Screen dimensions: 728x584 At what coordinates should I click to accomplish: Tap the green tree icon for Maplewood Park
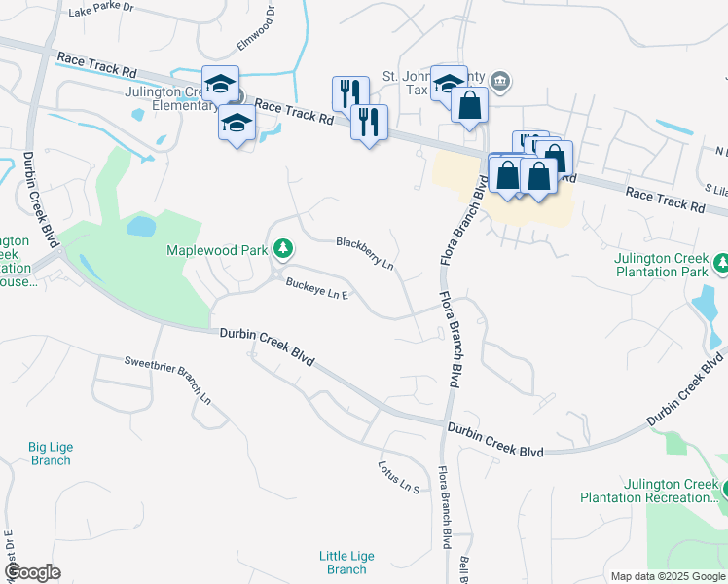(x=283, y=250)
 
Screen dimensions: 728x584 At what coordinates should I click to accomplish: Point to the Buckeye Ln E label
(x=316, y=288)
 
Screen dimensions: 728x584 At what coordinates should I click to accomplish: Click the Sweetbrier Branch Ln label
(x=167, y=380)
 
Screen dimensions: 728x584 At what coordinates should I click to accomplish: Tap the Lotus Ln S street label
(x=398, y=475)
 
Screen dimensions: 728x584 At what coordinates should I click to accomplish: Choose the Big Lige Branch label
(x=51, y=454)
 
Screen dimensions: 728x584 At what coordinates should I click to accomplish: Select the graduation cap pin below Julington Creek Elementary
(x=237, y=124)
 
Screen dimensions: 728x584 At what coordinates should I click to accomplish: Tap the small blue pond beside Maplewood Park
(x=141, y=227)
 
